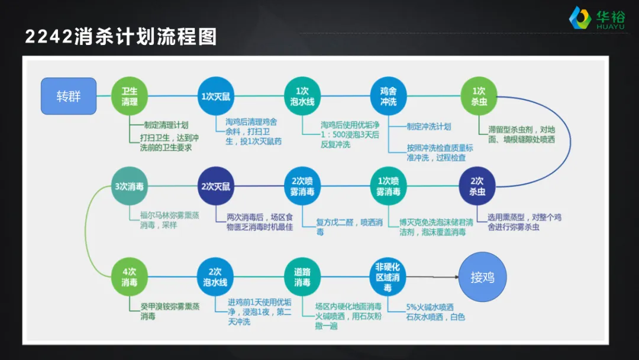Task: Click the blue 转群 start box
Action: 69,96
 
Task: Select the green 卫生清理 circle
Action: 130,96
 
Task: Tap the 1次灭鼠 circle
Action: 215,96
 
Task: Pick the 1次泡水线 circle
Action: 302,96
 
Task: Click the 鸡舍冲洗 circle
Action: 389,96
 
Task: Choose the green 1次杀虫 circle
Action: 479,96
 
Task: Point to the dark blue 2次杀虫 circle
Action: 477,186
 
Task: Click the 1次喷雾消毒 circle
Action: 389,186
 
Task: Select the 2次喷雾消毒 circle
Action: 302,186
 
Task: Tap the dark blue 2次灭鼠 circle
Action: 215,186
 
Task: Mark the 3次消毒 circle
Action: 130,186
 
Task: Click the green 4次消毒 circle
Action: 130,277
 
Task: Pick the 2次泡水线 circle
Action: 215,277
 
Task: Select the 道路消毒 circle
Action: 302,277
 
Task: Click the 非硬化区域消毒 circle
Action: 389,277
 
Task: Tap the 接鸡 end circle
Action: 482,277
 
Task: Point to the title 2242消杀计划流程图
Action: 121,37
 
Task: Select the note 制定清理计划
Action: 166,125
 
